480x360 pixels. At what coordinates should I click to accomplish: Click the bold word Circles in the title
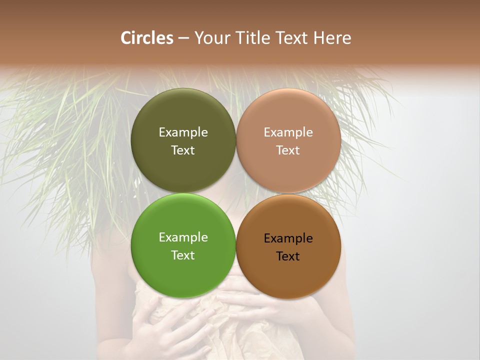pyautogui.click(x=147, y=38)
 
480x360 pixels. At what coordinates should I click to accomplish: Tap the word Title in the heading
pyautogui.click(x=252, y=38)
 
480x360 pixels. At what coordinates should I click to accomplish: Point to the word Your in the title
pyautogui.click(x=212, y=38)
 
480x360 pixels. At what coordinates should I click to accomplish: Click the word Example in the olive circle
pyautogui.click(x=183, y=132)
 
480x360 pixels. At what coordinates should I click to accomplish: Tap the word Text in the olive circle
pyautogui.click(x=183, y=150)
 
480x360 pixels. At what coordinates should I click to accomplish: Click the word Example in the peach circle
pyautogui.click(x=288, y=132)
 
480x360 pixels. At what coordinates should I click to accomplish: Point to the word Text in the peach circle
pyautogui.click(x=288, y=150)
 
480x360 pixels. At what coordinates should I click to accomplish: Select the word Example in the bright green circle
pyautogui.click(x=183, y=237)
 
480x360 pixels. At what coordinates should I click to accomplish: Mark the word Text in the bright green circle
pyautogui.click(x=183, y=255)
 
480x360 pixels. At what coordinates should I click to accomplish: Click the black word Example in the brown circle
pyautogui.click(x=288, y=238)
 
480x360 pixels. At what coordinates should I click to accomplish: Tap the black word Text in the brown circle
pyautogui.click(x=288, y=256)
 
